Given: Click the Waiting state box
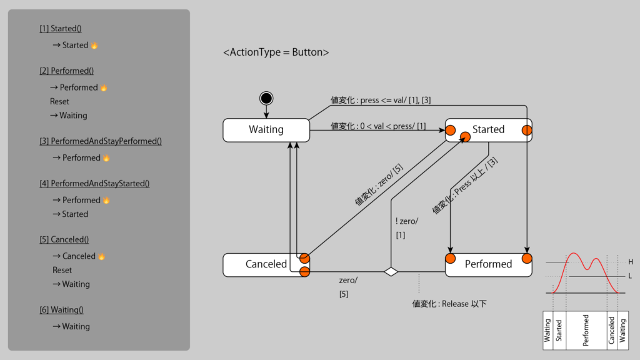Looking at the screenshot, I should [266, 130].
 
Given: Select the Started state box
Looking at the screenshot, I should [488, 130].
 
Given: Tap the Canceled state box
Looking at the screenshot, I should [266, 264].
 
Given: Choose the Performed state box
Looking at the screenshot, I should [488, 264].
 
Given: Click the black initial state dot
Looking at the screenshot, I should [266, 98].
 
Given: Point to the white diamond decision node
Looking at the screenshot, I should [391, 272].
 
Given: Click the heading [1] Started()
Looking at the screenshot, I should [61, 29].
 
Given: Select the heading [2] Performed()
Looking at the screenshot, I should [66, 71].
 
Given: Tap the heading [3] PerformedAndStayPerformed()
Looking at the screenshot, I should [101, 141].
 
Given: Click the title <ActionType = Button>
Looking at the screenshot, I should [276, 52].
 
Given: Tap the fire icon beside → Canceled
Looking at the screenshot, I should [102, 256].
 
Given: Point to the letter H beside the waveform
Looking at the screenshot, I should [631, 262].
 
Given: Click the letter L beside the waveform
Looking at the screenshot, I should [631, 276].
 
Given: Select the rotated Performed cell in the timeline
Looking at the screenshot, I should [586, 330].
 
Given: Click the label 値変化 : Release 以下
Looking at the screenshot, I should [449, 304].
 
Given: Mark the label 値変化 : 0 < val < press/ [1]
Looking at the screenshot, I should [378, 126].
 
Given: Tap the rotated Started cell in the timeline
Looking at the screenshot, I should [559, 330].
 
